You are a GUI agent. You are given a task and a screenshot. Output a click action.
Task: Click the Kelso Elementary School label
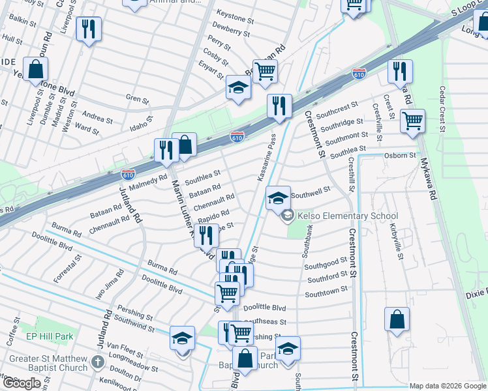[347, 216]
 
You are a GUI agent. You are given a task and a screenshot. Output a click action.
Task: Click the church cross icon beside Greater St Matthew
[97, 362]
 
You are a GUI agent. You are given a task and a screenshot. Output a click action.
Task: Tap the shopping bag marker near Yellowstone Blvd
[36, 68]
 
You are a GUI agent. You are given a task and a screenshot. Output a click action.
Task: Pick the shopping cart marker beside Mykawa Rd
[413, 121]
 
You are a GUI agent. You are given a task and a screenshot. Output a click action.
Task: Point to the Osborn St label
[400, 156]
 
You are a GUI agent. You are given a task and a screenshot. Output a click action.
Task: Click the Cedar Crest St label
[442, 109]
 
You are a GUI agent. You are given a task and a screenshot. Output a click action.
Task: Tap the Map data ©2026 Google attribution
[448, 386]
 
